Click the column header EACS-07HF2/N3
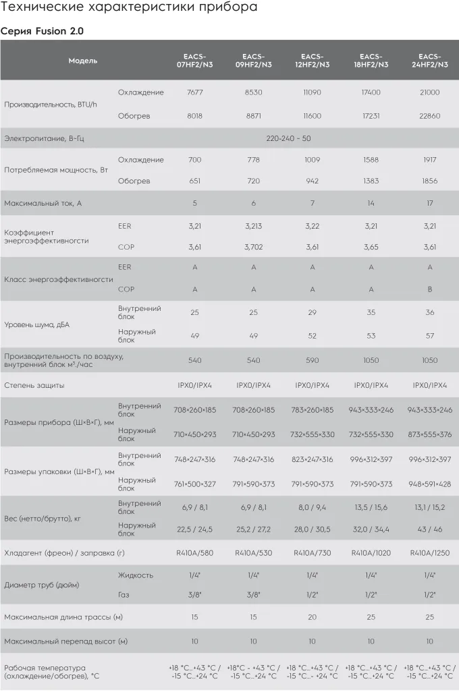coord(195,61)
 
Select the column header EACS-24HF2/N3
coord(430,61)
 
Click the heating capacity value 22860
coord(430,116)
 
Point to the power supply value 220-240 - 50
coord(288,138)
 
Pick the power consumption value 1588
coord(371,160)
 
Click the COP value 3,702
coord(254,248)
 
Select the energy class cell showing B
coord(430,290)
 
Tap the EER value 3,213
coord(254,226)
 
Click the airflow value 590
coord(313,361)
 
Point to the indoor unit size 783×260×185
coord(313,410)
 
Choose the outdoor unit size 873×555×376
coord(430,435)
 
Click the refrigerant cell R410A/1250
coord(430,552)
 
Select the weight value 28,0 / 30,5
coord(313,530)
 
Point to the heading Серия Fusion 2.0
coord(42,31)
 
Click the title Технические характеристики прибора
coord(128,9)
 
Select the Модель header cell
coord(83,61)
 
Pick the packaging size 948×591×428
coord(430,484)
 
